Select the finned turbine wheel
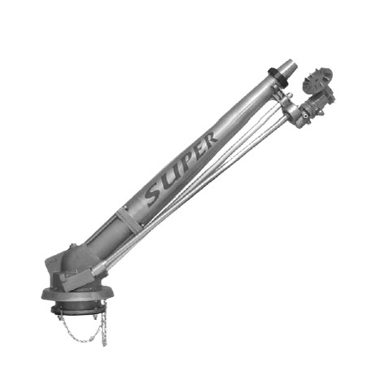(318, 80)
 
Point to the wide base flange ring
(77, 295)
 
